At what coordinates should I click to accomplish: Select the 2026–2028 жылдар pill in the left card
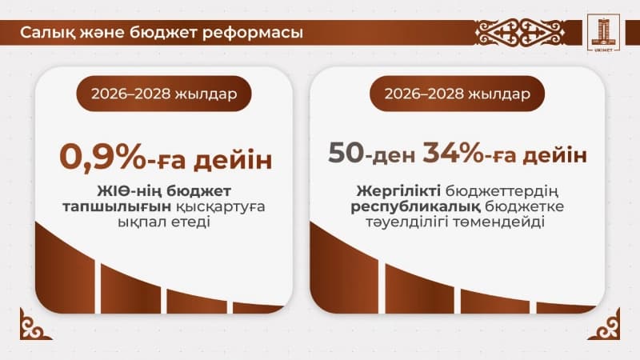point(164,94)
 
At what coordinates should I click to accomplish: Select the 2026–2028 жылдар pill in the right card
point(458,94)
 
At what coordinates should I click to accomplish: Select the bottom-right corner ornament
point(609,330)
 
